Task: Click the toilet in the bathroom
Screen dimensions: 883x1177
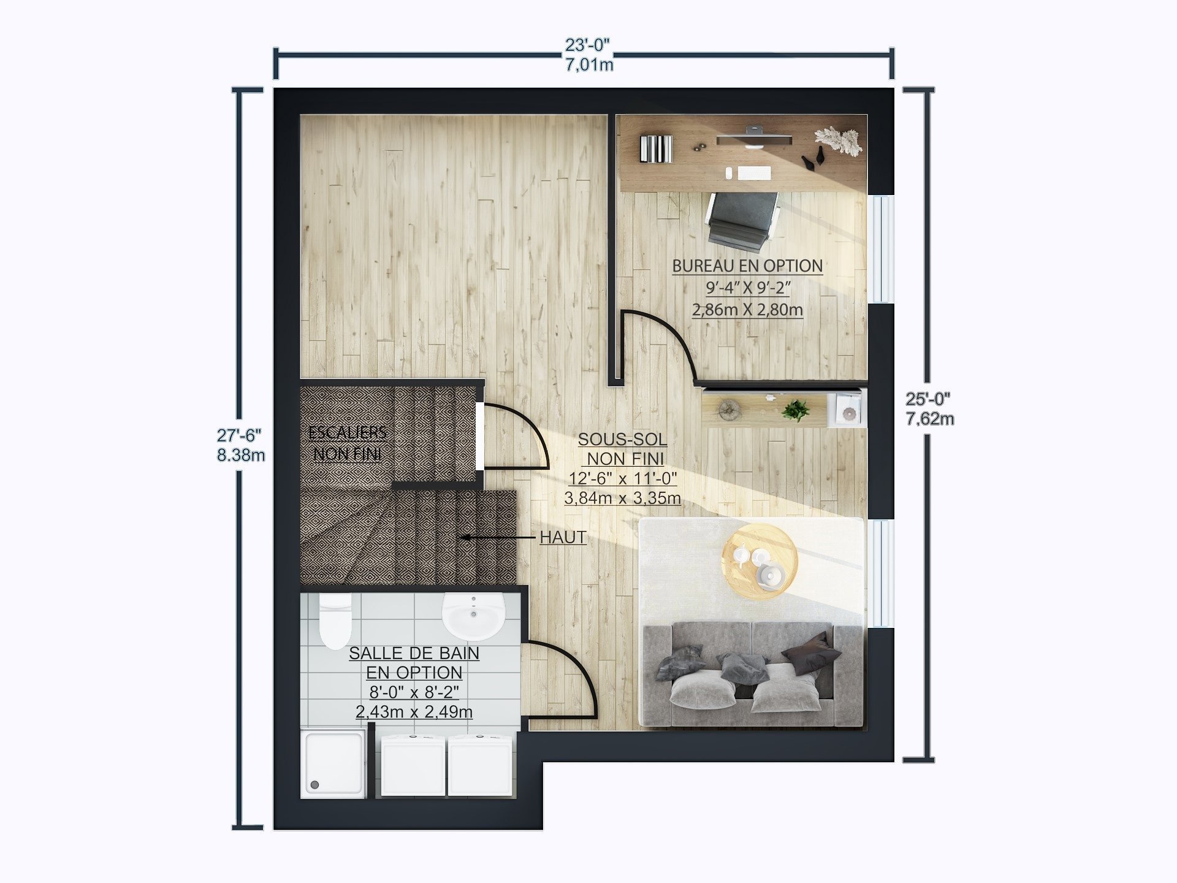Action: click(x=335, y=621)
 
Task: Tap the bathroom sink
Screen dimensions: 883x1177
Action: click(x=473, y=616)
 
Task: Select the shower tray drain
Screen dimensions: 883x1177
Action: click(x=315, y=784)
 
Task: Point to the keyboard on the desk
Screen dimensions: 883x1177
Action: click(x=754, y=173)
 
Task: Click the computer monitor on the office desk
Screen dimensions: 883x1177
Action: click(x=754, y=139)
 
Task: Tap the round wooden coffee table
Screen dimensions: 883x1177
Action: click(x=760, y=561)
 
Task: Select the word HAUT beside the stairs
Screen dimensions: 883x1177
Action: click(x=563, y=537)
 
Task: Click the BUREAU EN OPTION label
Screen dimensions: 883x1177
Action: click(x=747, y=266)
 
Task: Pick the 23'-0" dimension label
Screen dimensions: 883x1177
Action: click(x=587, y=45)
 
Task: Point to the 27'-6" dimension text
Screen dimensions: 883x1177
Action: click(x=239, y=435)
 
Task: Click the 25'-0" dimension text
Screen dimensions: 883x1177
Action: click(x=928, y=399)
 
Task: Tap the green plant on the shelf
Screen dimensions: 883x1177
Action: click(x=796, y=410)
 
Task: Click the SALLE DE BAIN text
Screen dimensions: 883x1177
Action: click(x=414, y=654)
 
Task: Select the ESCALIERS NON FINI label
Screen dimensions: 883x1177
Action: click(x=348, y=443)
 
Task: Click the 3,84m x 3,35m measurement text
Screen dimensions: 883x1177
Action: click(x=622, y=498)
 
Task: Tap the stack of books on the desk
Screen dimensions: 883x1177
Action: click(x=655, y=148)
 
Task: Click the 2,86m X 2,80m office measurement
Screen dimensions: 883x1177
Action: click(x=747, y=310)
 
